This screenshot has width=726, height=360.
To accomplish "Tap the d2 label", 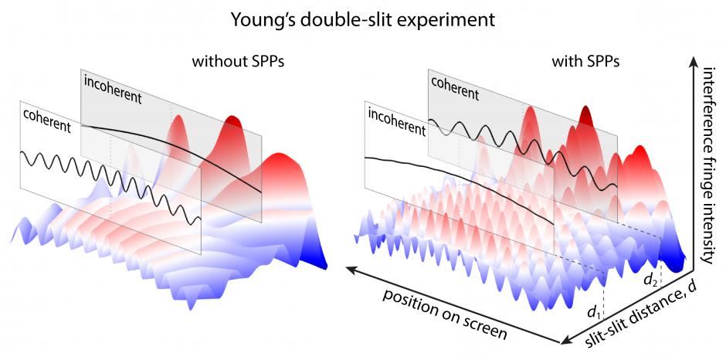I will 651,280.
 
